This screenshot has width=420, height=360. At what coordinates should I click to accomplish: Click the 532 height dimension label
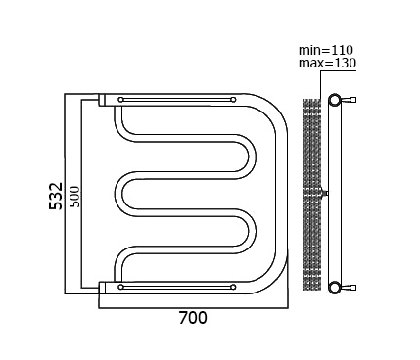tap(56, 196)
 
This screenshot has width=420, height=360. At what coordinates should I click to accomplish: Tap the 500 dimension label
tap(74, 197)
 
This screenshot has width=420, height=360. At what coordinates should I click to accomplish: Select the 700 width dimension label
tap(193, 318)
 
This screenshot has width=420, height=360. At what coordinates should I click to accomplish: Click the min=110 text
tap(326, 50)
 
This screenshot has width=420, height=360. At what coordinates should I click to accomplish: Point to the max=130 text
tap(327, 63)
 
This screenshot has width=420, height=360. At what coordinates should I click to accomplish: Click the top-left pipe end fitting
tap(102, 100)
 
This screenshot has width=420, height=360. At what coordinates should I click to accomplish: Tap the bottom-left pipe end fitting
tap(102, 288)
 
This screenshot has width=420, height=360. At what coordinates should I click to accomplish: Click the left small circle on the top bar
tap(121, 100)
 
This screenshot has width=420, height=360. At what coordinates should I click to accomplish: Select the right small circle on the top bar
tap(233, 100)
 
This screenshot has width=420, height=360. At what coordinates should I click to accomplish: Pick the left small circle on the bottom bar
tap(121, 287)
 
